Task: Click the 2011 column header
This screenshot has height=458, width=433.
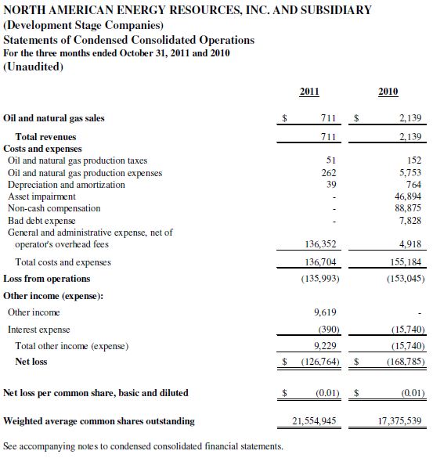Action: (x=309, y=92)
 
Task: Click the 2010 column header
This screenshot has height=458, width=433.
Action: (x=388, y=92)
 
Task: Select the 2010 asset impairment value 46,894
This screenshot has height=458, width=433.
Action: (x=408, y=197)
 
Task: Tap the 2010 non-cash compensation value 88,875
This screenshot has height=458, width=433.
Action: (x=408, y=208)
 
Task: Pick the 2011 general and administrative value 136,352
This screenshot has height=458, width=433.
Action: (x=320, y=244)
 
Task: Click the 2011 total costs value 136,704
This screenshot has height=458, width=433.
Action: (x=320, y=262)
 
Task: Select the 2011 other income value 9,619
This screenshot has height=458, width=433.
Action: (x=325, y=312)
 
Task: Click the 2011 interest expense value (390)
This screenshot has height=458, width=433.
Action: (x=329, y=330)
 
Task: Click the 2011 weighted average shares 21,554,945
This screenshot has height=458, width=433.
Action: (x=314, y=421)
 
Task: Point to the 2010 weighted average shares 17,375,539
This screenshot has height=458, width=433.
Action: (x=399, y=421)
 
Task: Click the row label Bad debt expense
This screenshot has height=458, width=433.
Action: (x=41, y=221)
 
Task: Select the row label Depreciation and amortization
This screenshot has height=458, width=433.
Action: (x=67, y=185)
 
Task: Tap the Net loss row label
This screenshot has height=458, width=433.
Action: (x=31, y=362)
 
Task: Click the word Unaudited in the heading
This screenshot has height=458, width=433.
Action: (x=33, y=67)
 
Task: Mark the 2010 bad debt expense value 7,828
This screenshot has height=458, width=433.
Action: (x=410, y=221)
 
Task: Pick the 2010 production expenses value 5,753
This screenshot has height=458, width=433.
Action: (x=410, y=172)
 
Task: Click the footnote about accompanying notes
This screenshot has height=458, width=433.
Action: (x=143, y=446)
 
